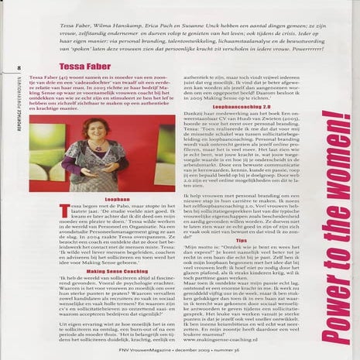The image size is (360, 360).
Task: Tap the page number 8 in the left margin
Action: (x=17, y=67)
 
